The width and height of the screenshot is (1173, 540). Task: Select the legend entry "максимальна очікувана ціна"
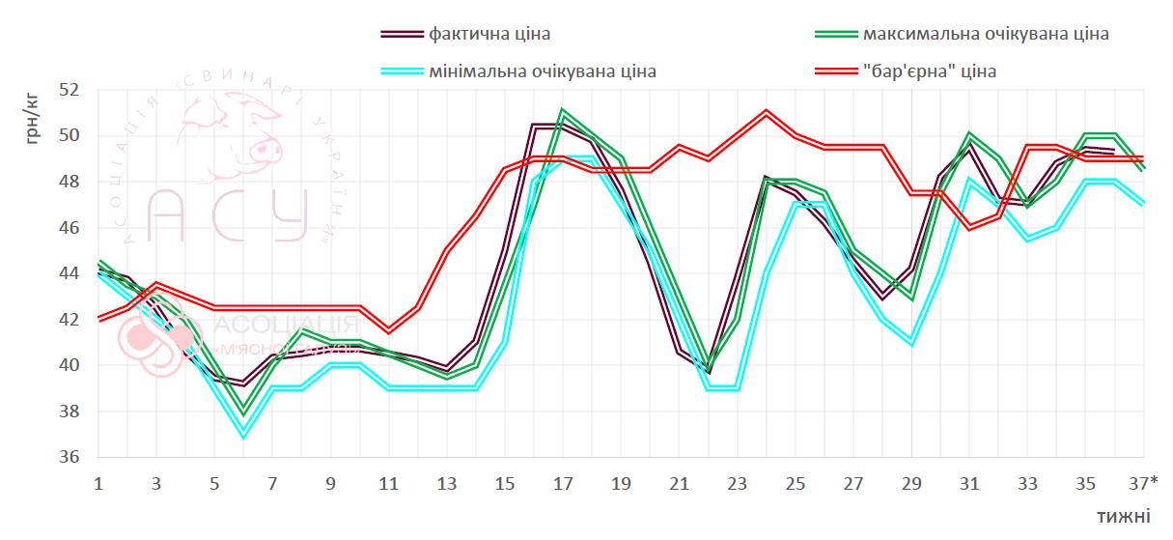pyautogui.click(x=986, y=34)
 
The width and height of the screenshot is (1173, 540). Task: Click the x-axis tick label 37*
pyautogui.click(x=1144, y=482)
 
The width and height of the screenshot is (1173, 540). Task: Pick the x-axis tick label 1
pyautogui.click(x=98, y=482)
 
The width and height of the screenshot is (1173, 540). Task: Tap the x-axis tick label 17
pyautogui.click(x=563, y=482)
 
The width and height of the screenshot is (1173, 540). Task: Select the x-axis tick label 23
pyautogui.click(x=737, y=482)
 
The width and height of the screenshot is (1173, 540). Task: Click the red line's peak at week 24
pyautogui.click(x=766, y=111)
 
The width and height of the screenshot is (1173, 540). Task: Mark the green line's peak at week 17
pyautogui.click(x=563, y=111)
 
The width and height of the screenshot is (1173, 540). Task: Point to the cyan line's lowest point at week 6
pyautogui.click(x=243, y=437)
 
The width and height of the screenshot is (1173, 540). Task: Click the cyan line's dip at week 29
pyautogui.click(x=911, y=344)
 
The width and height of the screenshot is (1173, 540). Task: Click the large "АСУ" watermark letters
pyautogui.click(x=227, y=214)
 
